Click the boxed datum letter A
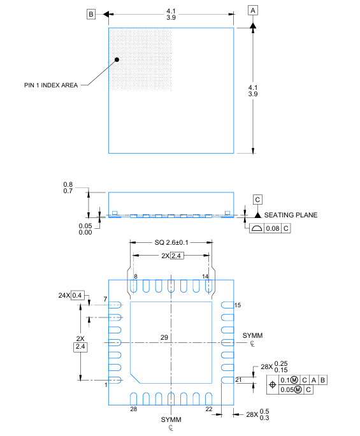(254, 11)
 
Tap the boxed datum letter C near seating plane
(257, 200)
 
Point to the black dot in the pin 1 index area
(117, 60)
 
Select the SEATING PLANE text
(291, 215)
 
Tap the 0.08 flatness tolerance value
(273, 228)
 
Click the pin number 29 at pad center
(164, 337)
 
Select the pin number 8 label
(135, 275)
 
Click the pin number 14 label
(205, 275)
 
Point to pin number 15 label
(238, 305)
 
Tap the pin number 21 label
(238, 380)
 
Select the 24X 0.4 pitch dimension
(71, 295)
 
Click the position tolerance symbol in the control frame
(273, 384)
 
